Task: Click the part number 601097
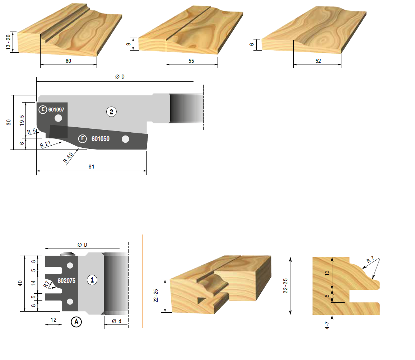pyautogui.click(x=56, y=109)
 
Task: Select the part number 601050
pyautogui.click(x=100, y=139)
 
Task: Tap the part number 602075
pyautogui.click(x=66, y=281)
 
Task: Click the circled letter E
pyautogui.click(x=43, y=109)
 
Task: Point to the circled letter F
pyautogui.click(x=82, y=138)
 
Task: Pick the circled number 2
pyautogui.click(x=111, y=112)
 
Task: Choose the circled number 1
pyautogui.click(x=92, y=280)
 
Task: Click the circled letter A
pyautogui.click(x=76, y=322)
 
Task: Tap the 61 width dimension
pyautogui.click(x=91, y=166)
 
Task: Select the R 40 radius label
pyautogui.click(x=68, y=157)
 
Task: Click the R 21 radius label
pyautogui.click(x=45, y=145)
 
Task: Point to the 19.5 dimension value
pyautogui.click(x=22, y=120)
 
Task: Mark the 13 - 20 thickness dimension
pyautogui.click(x=8, y=42)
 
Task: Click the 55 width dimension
pyautogui.click(x=191, y=61)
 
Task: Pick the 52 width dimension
pyautogui.click(x=318, y=61)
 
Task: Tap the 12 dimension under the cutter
pyautogui.click(x=53, y=320)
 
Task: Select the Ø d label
pyautogui.click(x=116, y=321)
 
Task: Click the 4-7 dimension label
pyautogui.click(x=327, y=325)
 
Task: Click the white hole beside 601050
pyautogui.click(x=125, y=139)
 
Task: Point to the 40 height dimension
pyautogui.click(x=20, y=283)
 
